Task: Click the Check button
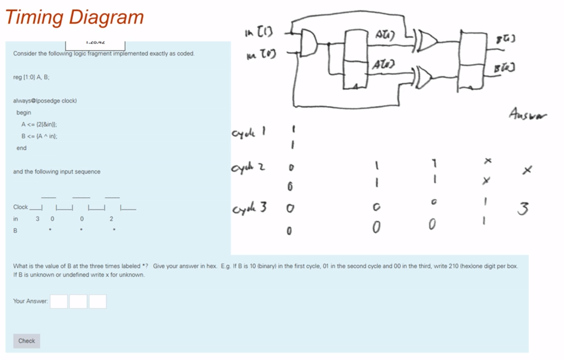pyautogui.click(x=27, y=341)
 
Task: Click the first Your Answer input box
pyautogui.click(x=59, y=301)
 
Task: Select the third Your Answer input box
pyautogui.click(x=98, y=301)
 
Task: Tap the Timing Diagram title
pyautogui.click(x=74, y=17)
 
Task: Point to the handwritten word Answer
pyautogui.click(x=528, y=114)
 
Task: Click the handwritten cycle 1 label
pyautogui.click(x=248, y=132)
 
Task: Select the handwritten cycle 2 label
pyautogui.click(x=248, y=168)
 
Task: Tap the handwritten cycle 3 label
pyautogui.click(x=249, y=208)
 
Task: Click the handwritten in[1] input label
pyautogui.click(x=259, y=32)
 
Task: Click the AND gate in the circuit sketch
pyautogui.click(x=309, y=42)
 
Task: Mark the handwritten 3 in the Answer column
pyautogui.click(x=523, y=208)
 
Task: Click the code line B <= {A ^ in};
pyautogui.click(x=39, y=136)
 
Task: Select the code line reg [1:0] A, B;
pyautogui.click(x=31, y=77)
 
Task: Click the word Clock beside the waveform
pyautogui.click(x=20, y=207)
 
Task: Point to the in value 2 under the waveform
pyautogui.click(x=111, y=219)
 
